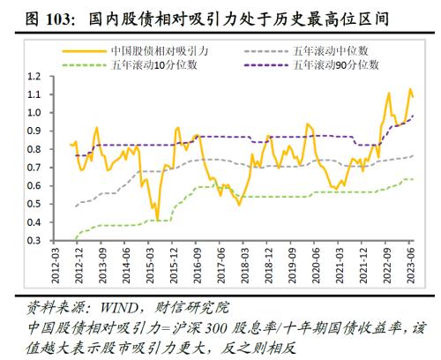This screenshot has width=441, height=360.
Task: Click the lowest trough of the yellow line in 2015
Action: click(157, 220)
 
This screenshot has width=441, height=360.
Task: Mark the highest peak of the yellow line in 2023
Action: click(409, 89)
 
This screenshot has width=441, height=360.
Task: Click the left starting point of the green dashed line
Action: click(75, 239)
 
